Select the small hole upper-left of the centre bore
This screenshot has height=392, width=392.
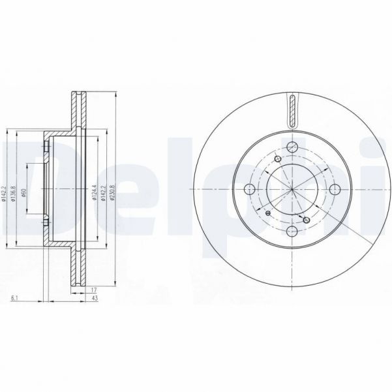(x=278, y=160)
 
